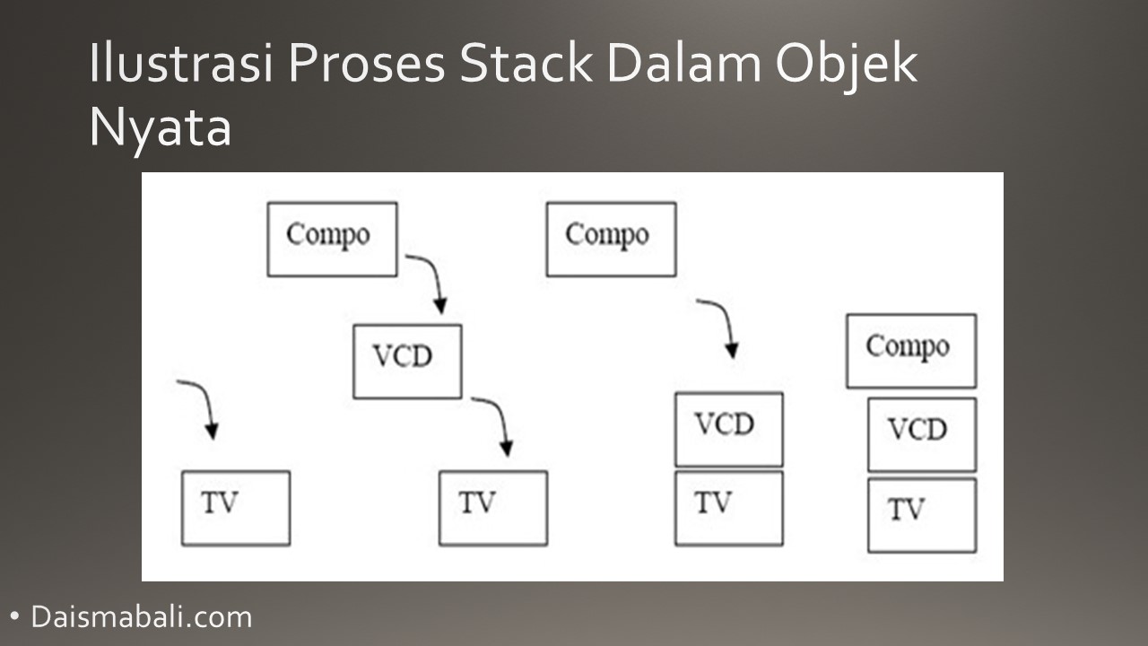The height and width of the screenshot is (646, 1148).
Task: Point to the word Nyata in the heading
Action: pyautogui.click(x=160, y=127)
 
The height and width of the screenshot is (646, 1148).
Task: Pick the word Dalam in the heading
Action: pyautogui.click(x=678, y=65)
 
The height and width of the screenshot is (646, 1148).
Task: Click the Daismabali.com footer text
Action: pyautogui.click(x=142, y=617)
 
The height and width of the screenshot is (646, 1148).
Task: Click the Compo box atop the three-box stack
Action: pyautogui.click(x=910, y=351)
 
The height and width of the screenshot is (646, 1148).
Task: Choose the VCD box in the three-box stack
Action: pyautogui.click(x=921, y=434)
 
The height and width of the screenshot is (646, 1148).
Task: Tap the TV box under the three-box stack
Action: pyautogui.click(x=921, y=515)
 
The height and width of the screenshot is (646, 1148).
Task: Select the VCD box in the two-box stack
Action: pyautogui.click(x=728, y=429)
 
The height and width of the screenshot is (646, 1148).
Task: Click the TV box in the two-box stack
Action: pyautogui.click(x=728, y=508)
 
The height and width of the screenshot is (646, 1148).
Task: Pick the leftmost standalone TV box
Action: pyautogui.click(x=235, y=508)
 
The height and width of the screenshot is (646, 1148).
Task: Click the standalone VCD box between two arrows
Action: pyautogui.click(x=407, y=361)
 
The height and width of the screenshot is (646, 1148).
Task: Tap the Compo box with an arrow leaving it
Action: pyautogui.click(x=332, y=239)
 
